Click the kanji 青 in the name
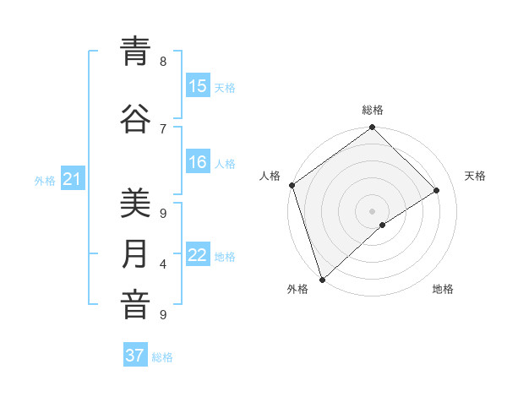(135, 52)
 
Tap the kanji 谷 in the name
(135, 117)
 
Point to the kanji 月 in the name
(135, 254)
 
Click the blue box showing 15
(198, 86)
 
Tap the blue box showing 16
(198, 162)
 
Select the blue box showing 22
(198, 255)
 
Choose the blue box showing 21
(72, 178)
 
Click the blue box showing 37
(135, 356)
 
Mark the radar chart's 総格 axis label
(373, 110)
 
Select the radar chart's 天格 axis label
(475, 176)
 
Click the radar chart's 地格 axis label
(443, 289)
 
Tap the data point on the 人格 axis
(292, 185)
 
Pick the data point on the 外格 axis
(322, 279)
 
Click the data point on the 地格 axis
(383, 225)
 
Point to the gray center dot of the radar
(372, 210)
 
